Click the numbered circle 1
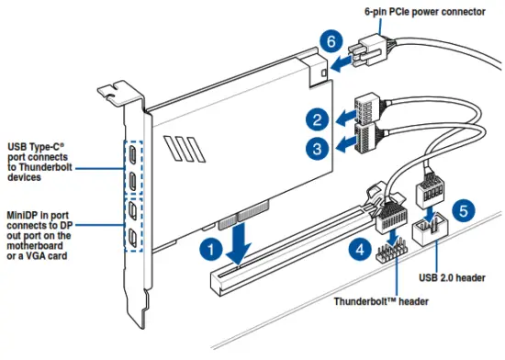pos(211,250)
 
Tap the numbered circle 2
pos(318,119)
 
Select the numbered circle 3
pos(318,149)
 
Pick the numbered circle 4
pos(360,250)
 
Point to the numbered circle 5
pos(464,211)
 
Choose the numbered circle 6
pos(331,41)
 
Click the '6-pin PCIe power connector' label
pos(425,12)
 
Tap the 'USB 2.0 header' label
pos(452,277)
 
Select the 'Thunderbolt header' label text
pos(381,302)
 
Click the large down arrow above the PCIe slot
pos(239,243)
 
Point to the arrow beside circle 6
pos(341,62)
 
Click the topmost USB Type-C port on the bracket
pos(132,154)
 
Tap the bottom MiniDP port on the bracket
pos(132,238)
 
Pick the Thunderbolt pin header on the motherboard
pos(391,250)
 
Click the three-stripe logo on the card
pos(185,149)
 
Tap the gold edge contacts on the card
pos(243,214)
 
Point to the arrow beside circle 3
pos(345,145)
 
